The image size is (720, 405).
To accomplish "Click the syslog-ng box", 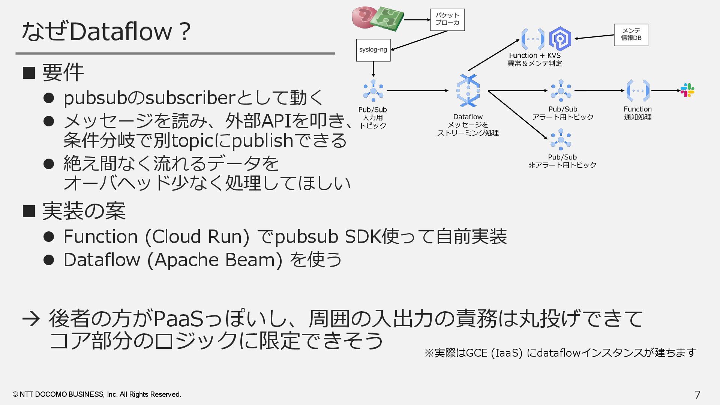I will [x=373, y=50].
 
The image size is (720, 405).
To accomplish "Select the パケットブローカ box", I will [x=447, y=19].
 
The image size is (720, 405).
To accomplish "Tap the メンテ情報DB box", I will [x=631, y=34].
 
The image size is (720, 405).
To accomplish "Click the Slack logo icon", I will [x=687, y=90].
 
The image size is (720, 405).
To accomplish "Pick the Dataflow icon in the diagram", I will [x=468, y=90].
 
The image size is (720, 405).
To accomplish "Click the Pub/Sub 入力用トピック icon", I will [x=373, y=90].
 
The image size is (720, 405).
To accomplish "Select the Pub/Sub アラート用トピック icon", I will [x=561, y=90].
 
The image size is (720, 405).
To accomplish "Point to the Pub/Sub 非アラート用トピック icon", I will [x=561, y=139].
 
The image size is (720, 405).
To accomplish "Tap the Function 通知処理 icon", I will [x=638, y=90].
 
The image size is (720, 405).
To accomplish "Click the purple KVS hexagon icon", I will [x=560, y=39].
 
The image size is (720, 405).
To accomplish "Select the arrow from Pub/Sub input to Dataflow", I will [x=417, y=90].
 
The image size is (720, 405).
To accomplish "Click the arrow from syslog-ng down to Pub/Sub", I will [x=373, y=69].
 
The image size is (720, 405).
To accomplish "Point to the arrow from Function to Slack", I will [x=666, y=90].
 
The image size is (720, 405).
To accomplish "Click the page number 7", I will [x=697, y=394].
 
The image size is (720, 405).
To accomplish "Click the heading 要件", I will [x=63, y=72].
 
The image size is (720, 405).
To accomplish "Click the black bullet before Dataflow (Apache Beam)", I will [x=49, y=260].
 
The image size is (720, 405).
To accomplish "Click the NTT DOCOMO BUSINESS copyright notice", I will [x=97, y=394].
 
